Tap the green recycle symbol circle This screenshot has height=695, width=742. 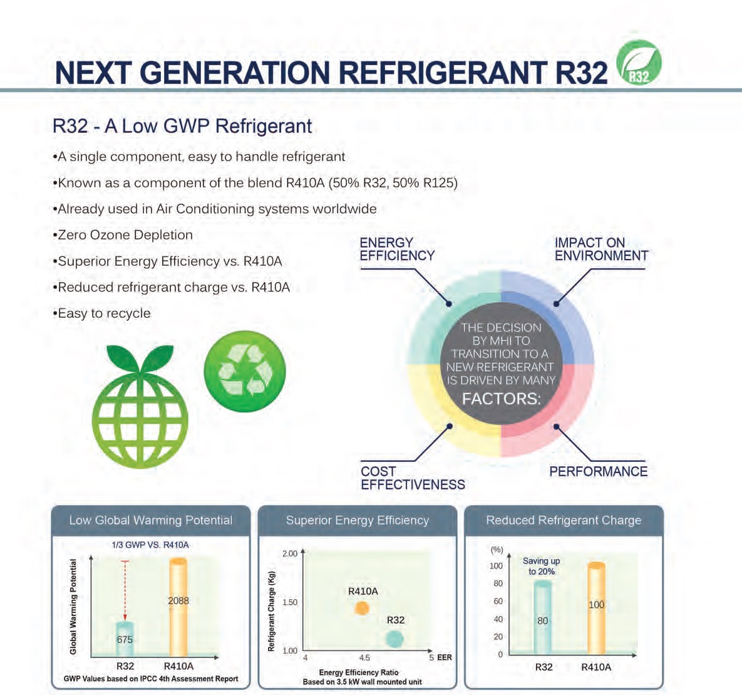245,371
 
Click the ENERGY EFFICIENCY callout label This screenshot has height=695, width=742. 396,249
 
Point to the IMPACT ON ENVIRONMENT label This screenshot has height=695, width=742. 601,249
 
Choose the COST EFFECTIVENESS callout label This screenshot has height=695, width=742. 413,478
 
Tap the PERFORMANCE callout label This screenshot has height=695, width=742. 598,471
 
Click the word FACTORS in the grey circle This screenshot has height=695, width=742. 501,399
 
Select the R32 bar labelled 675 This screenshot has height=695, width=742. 125,639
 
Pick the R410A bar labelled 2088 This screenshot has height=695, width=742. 178,607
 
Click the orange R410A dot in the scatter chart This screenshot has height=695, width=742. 362,609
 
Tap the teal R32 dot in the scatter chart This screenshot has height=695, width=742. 394,639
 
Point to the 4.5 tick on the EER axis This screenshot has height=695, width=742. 364,657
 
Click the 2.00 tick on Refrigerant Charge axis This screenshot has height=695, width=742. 290,553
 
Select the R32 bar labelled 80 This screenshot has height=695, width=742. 543,617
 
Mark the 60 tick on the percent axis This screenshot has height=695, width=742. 498,601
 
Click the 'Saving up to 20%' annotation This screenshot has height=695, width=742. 542,566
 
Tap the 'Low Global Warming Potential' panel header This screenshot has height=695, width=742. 151,520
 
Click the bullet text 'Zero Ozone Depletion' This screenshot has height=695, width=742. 125,235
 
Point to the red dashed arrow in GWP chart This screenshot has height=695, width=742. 125,591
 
